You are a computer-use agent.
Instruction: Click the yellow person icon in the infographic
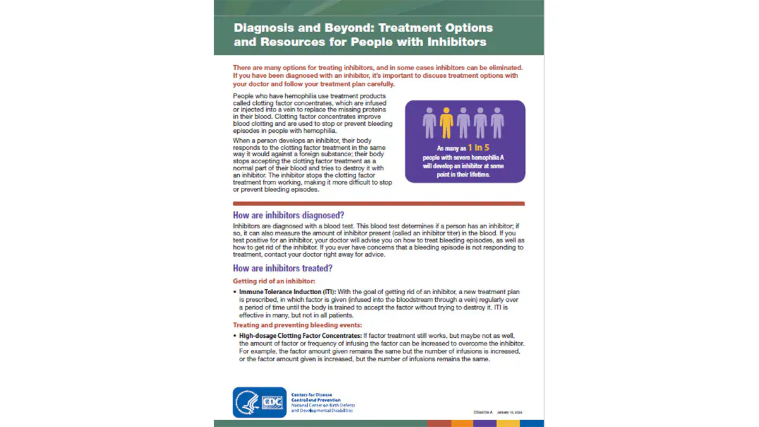point(447,123)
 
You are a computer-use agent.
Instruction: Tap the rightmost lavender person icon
point(497,123)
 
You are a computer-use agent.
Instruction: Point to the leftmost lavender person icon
point(430,123)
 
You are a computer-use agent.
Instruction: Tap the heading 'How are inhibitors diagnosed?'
point(288,214)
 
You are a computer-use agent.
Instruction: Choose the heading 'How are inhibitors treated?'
point(283,268)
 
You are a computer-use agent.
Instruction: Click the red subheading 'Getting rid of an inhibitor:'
point(273,281)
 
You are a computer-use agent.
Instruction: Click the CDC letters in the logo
point(273,402)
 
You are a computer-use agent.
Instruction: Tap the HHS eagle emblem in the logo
point(247,402)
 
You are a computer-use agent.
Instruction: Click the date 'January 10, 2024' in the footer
point(510,412)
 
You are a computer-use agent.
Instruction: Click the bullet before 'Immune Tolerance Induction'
point(235,292)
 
